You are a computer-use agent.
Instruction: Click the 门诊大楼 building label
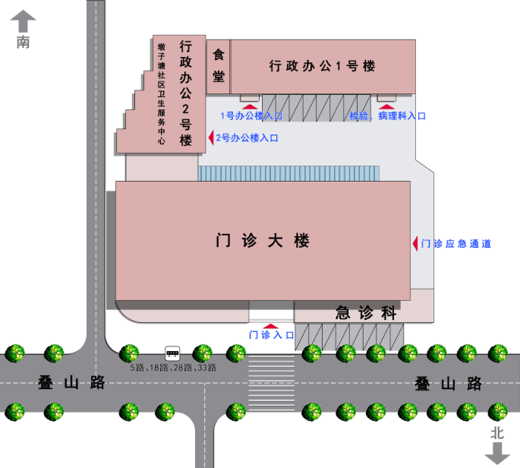[263, 242]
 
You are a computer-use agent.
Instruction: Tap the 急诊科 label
[367, 312]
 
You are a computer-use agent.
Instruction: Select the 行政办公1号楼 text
[323, 66]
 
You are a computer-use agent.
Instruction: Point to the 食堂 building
[219, 65]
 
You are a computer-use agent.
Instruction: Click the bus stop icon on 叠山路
[172, 353]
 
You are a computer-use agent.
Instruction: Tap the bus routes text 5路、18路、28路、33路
[172, 368]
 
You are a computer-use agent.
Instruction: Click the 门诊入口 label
[271, 334]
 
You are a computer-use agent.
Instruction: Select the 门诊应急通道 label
[456, 244]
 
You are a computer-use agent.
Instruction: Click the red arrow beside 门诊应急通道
[414, 243]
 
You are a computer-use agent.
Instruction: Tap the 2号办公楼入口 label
[247, 138]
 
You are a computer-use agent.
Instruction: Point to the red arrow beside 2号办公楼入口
[210, 138]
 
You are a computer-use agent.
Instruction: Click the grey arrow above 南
[24, 21]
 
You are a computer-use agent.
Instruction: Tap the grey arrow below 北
[497, 454]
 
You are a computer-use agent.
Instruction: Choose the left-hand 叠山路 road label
[71, 383]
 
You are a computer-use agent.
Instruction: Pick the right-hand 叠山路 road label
[449, 383]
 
